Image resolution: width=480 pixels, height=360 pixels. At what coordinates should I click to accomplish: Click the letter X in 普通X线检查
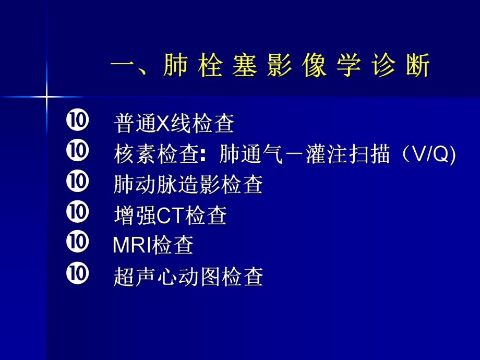[162, 125]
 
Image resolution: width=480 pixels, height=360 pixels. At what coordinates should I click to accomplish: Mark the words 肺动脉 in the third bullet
[134, 185]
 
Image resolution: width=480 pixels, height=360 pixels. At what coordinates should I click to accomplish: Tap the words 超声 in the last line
[127, 277]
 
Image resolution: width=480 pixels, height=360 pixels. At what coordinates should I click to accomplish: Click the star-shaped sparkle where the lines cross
[46, 97]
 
